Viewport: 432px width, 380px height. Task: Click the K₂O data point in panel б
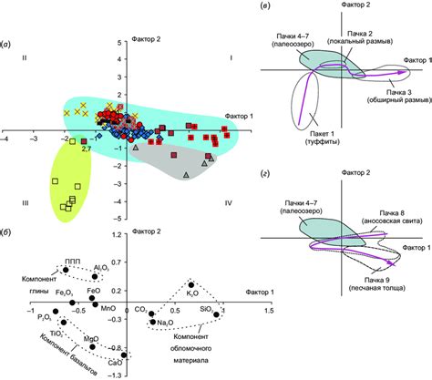coord(191,284)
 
